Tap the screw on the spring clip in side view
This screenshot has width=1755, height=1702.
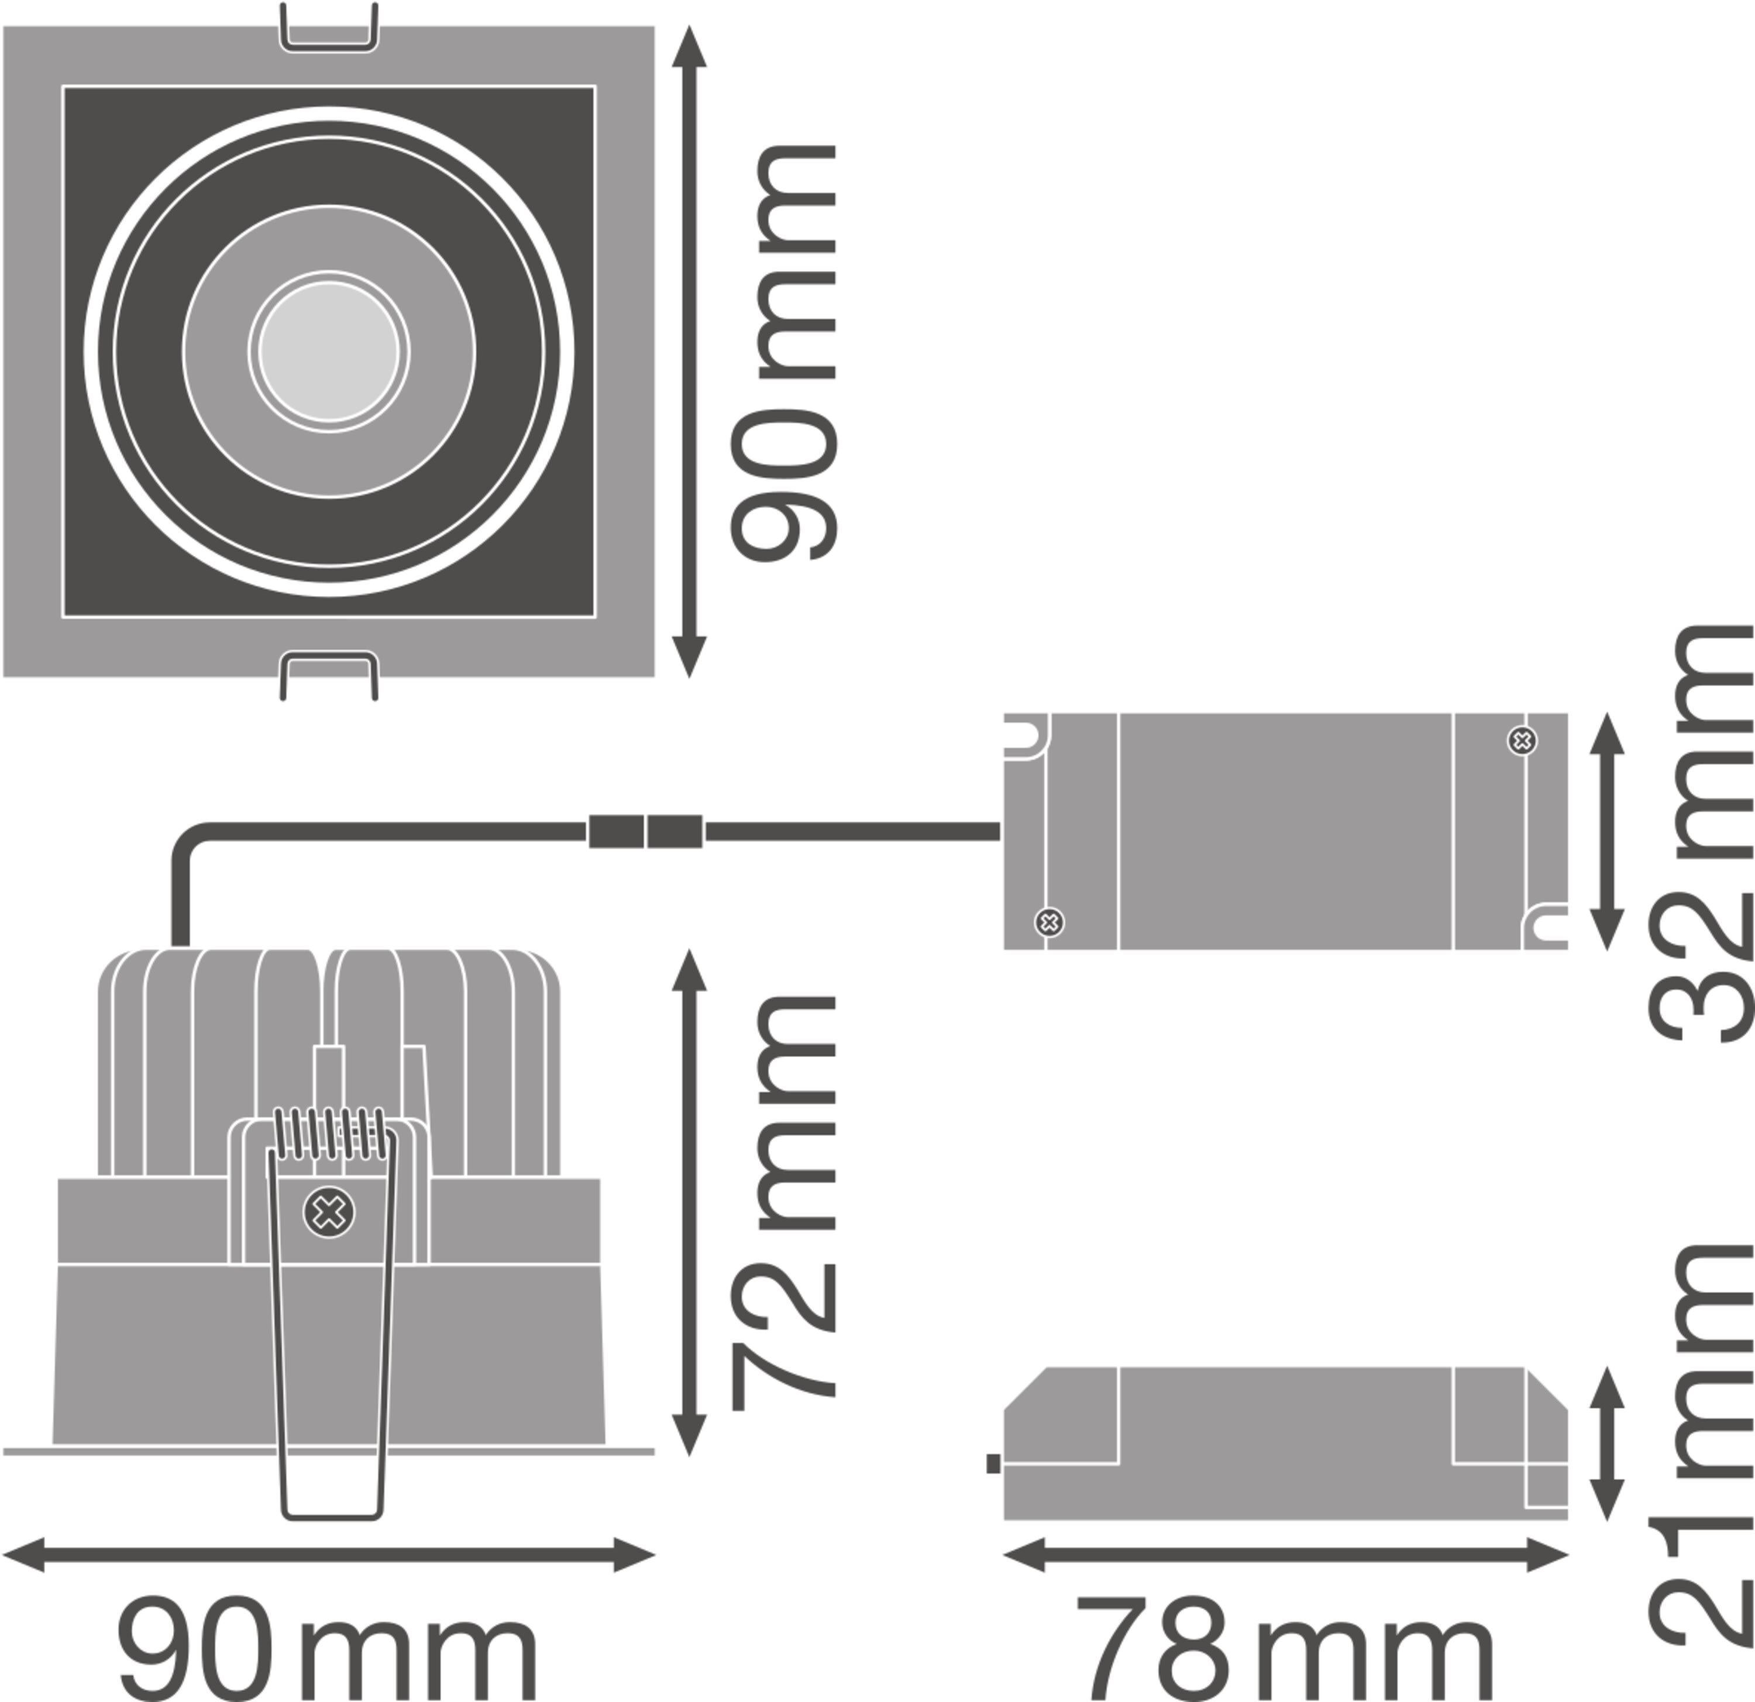pyautogui.click(x=329, y=1213)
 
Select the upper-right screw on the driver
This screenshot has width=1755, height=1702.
pyautogui.click(x=1522, y=740)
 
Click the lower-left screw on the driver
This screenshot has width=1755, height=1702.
pyautogui.click(x=1049, y=922)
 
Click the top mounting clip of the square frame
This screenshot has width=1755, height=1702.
pyautogui.click(x=329, y=27)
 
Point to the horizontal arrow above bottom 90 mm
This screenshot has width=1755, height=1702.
pyautogui.click(x=329, y=1555)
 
